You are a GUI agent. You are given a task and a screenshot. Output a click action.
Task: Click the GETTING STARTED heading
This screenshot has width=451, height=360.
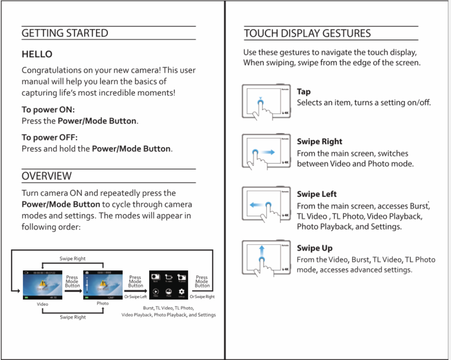(x=65, y=33)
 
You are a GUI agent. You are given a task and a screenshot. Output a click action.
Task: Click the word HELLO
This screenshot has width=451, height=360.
(x=37, y=54)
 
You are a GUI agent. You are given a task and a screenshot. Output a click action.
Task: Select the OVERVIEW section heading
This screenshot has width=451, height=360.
(x=47, y=176)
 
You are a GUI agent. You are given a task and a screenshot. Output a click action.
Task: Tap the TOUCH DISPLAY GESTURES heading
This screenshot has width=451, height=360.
(x=307, y=34)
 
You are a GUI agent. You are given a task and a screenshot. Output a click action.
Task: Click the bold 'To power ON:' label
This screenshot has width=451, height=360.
(x=48, y=109)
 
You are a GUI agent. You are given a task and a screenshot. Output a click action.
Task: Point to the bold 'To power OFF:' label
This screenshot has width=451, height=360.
(x=50, y=137)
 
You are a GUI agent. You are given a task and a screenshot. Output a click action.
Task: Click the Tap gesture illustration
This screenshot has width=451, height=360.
(x=266, y=102)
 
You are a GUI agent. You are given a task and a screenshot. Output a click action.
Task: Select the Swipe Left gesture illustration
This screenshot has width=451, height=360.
(x=266, y=204)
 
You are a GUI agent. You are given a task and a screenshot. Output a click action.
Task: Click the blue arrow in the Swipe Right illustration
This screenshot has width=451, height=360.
(x=269, y=152)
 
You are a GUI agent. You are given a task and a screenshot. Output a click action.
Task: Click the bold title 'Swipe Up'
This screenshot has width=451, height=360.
(x=314, y=248)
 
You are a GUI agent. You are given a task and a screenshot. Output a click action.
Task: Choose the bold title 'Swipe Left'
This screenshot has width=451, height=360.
(x=317, y=194)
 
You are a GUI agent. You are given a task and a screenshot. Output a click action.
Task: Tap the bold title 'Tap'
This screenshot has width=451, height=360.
(x=303, y=92)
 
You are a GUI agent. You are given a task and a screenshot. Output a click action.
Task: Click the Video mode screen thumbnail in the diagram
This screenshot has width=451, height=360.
(x=43, y=285)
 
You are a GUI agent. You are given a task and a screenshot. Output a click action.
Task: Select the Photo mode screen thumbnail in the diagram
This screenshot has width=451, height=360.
(x=103, y=285)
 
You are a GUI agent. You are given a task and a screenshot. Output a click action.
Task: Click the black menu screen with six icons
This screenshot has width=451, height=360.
(x=168, y=285)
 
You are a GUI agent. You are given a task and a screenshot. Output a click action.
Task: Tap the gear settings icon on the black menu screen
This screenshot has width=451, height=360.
(x=181, y=292)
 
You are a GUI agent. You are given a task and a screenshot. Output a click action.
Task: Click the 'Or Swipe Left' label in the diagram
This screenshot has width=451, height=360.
(x=136, y=297)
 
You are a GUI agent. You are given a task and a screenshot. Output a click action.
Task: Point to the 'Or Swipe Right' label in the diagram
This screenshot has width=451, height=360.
(x=202, y=297)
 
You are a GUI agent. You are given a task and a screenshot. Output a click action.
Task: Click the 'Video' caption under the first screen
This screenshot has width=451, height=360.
(x=42, y=304)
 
